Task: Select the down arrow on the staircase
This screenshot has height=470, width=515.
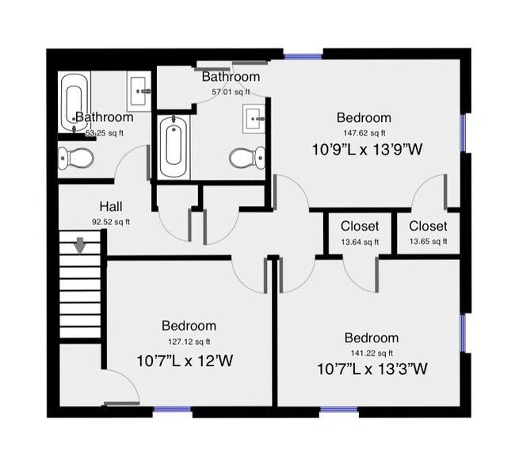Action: [80, 246]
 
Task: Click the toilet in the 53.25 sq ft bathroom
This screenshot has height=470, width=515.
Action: [76, 159]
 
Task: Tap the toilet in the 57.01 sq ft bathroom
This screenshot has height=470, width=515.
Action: [246, 158]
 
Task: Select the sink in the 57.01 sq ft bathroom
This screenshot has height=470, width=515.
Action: [255, 118]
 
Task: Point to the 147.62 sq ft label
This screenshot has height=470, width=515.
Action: [364, 133]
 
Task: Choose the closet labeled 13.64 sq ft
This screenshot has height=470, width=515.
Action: [360, 234]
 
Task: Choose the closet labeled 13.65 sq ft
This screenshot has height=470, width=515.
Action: [428, 234]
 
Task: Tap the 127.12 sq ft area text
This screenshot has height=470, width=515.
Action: [189, 342]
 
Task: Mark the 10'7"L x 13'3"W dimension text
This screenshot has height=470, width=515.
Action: [372, 369]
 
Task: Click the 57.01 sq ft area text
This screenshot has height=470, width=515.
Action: [231, 92]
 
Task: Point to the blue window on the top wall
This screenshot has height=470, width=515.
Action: [303, 56]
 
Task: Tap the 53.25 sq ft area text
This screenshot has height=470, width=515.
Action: [105, 133]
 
